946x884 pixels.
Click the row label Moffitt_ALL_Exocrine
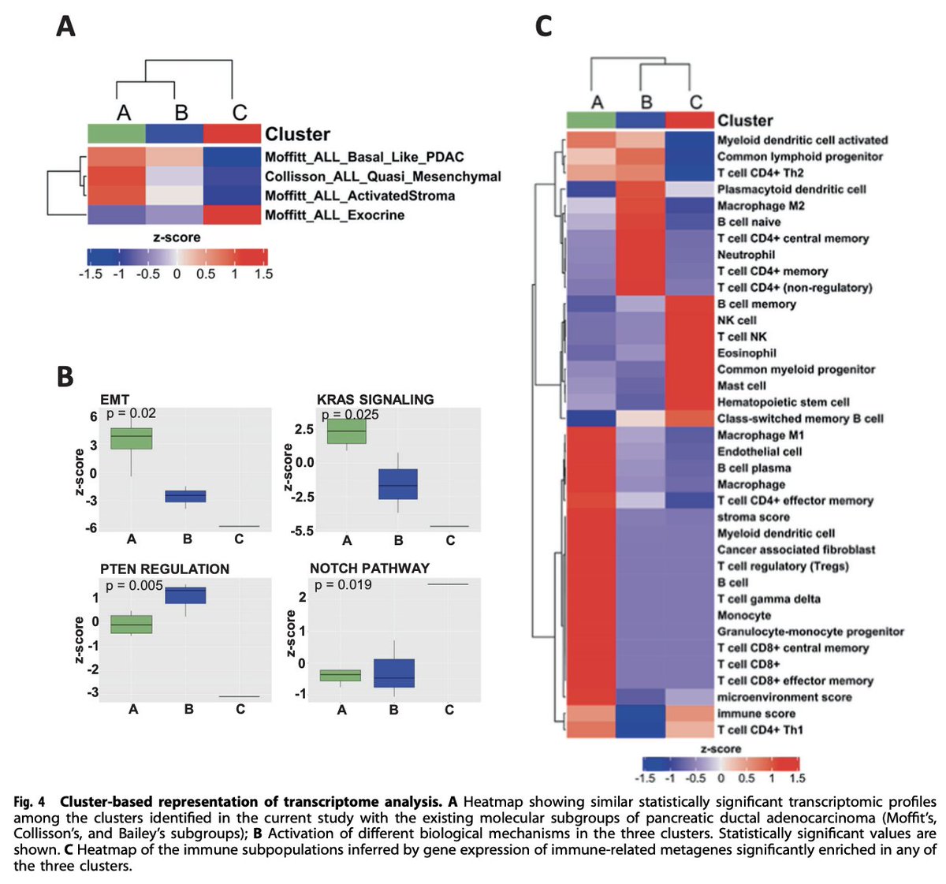click(x=334, y=215)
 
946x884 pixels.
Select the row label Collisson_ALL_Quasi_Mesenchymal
click(x=382, y=177)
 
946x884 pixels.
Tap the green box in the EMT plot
click(x=132, y=438)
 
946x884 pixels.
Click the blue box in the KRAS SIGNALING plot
click(x=398, y=484)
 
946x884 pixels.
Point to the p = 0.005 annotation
click(x=134, y=585)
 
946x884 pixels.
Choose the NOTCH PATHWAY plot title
click(x=369, y=569)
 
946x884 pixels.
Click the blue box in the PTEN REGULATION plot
click(x=188, y=595)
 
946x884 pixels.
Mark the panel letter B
click(x=65, y=377)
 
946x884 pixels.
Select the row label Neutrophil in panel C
click(x=746, y=255)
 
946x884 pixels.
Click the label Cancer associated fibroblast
click(x=795, y=550)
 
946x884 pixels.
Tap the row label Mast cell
click(x=741, y=386)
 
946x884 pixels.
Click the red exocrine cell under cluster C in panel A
click(x=232, y=215)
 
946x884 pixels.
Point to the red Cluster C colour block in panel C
click(x=690, y=120)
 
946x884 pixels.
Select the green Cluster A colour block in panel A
click(x=116, y=133)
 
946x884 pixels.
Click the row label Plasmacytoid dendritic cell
click(x=791, y=189)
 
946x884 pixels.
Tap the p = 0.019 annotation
click(x=343, y=585)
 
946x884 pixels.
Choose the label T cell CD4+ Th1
click(x=760, y=729)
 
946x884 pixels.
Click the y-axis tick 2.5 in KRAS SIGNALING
click(x=304, y=429)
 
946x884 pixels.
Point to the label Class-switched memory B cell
click(x=800, y=419)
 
